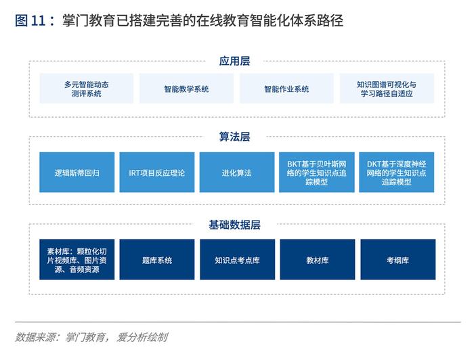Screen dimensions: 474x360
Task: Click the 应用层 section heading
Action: (x=234, y=61)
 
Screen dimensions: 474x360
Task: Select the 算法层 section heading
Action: (x=234, y=137)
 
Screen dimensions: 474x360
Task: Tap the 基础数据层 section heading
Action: (x=234, y=225)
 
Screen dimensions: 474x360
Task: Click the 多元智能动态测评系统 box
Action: (x=87, y=89)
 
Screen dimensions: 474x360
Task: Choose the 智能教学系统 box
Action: (x=186, y=89)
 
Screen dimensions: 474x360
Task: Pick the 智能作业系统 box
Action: (x=286, y=89)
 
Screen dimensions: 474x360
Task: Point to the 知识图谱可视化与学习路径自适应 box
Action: (x=387, y=89)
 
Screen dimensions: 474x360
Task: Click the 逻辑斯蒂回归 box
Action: (x=77, y=172)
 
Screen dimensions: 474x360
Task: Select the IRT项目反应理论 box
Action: (x=157, y=172)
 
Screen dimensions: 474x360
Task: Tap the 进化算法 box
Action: (x=237, y=172)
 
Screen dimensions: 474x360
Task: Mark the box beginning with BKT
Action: (x=317, y=172)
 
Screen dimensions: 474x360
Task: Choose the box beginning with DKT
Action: (x=397, y=172)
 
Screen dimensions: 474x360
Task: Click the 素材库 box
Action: (x=77, y=259)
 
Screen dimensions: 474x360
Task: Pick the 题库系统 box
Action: (x=157, y=259)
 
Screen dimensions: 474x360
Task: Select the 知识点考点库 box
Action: (x=238, y=259)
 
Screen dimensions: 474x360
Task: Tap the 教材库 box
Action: (x=318, y=259)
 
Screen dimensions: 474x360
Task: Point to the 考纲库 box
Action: (x=398, y=259)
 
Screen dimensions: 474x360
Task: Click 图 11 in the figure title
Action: (x=30, y=20)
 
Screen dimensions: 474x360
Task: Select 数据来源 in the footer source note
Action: (x=35, y=337)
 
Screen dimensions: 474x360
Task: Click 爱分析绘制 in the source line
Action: (x=142, y=337)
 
